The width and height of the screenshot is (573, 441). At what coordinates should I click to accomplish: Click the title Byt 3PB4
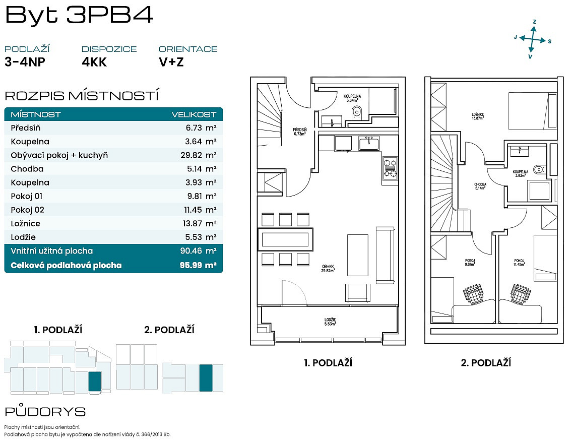click(79, 15)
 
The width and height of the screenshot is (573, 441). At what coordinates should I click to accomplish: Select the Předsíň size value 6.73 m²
click(201, 128)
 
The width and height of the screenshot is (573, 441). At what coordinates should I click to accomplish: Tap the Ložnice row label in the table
click(26, 224)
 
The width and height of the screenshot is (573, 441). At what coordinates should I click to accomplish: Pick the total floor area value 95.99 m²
click(198, 265)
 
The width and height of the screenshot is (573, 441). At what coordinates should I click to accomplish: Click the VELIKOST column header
click(194, 114)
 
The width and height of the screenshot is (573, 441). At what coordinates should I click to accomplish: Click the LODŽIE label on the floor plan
click(330, 322)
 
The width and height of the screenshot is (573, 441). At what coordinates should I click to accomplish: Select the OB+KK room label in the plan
click(328, 269)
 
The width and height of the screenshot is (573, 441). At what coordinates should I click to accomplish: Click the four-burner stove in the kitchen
click(390, 168)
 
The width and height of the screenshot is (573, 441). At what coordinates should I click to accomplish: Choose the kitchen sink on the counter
click(369, 143)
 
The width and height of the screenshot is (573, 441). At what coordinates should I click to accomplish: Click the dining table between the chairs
click(285, 239)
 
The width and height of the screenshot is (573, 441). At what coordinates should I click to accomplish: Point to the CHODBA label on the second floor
click(480, 186)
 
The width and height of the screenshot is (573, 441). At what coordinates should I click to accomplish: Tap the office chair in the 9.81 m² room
click(473, 294)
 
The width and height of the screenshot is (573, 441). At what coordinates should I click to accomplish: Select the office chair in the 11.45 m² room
click(521, 293)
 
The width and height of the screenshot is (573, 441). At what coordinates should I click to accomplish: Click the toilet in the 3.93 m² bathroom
click(539, 169)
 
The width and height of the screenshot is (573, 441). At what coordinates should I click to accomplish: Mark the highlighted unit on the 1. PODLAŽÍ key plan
click(95, 382)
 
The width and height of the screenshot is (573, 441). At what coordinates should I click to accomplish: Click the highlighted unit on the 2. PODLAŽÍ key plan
click(206, 378)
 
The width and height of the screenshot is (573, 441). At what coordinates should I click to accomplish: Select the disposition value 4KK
click(94, 62)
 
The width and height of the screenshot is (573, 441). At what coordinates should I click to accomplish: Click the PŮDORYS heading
click(45, 411)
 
